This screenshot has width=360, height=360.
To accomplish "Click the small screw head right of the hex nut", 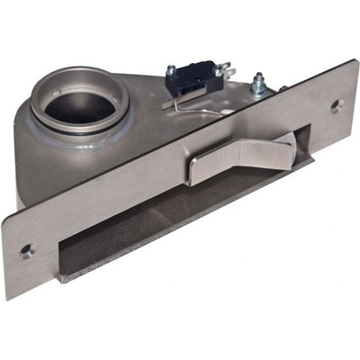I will (281, 88).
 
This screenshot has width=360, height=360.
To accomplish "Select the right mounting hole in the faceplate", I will (336, 105).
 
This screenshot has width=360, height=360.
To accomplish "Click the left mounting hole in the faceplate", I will (27, 251).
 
